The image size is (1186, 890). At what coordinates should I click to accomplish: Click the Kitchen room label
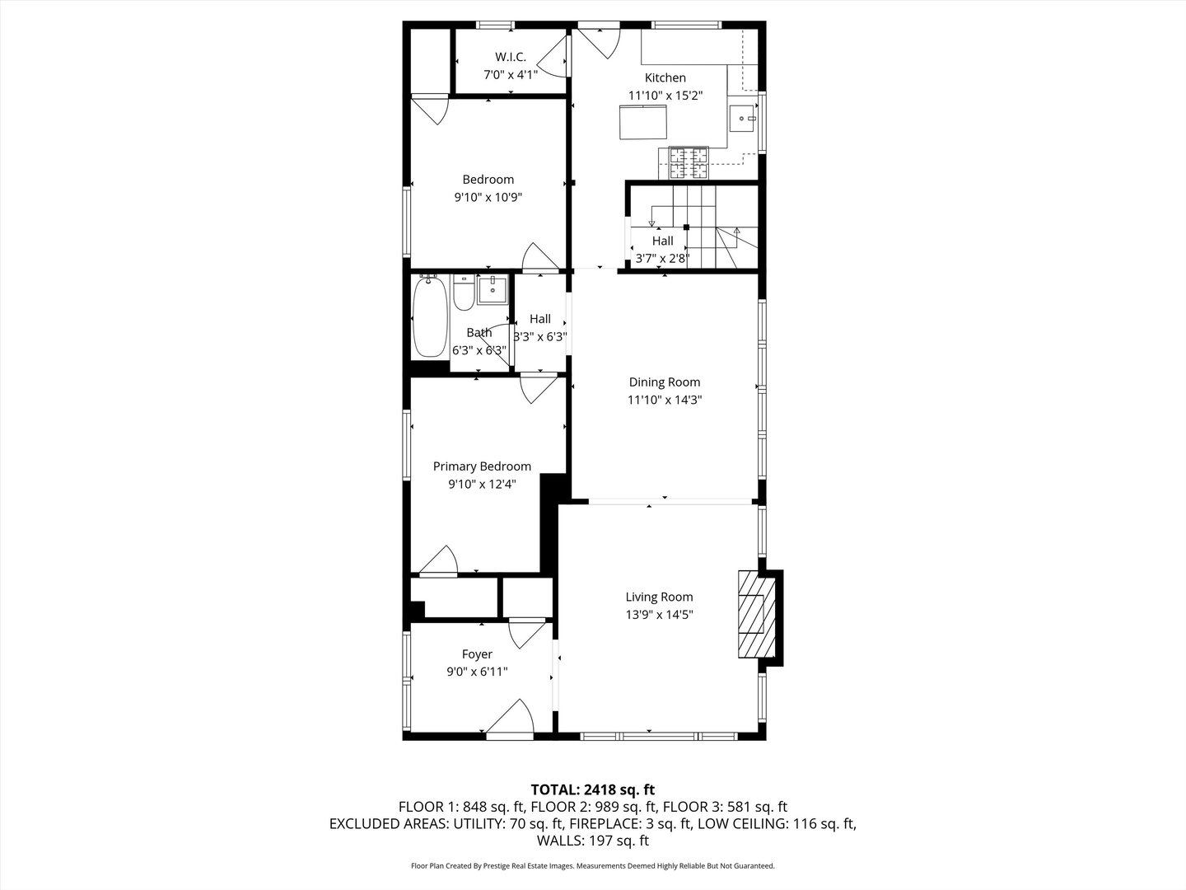click(665, 77)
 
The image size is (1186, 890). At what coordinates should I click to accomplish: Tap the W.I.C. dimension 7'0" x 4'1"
click(510, 74)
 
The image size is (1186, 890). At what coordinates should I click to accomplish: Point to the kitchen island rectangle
click(644, 122)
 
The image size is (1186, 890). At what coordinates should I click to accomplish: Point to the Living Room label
click(659, 597)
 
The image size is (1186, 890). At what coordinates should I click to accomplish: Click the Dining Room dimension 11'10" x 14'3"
click(665, 400)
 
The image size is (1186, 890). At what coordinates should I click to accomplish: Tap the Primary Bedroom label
click(482, 466)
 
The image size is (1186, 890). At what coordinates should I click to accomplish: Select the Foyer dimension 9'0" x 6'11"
click(477, 672)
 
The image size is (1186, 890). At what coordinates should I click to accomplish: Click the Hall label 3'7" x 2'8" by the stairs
click(662, 259)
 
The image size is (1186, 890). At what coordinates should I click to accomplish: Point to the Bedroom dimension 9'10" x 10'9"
click(488, 197)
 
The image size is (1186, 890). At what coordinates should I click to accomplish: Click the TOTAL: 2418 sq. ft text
click(592, 790)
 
